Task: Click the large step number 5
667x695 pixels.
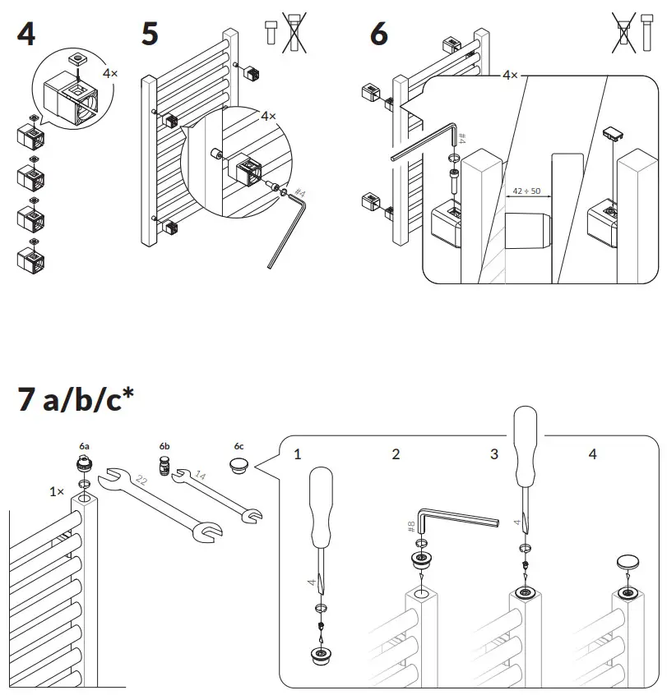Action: pyautogui.click(x=150, y=35)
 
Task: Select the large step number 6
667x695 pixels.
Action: pyautogui.click(x=378, y=35)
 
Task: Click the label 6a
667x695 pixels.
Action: pyautogui.click(x=85, y=445)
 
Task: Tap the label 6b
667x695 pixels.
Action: pyautogui.click(x=164, y=445)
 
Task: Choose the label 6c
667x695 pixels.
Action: pyautogui.click(x=239, y=445)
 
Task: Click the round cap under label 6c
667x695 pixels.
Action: pyautogui.click(x=239, y=466)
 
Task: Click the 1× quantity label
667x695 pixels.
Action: pyautogui.click(x=56, y=491)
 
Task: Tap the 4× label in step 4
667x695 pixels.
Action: pyautogui.click(x=109, y=73)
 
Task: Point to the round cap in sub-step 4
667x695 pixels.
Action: pyautogui.click(x=630, y=562)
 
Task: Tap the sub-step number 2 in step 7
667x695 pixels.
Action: pyautogui.click(x=396, y=454)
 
